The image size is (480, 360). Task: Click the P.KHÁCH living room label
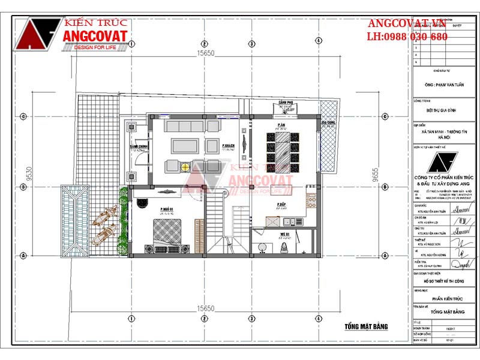click(227, 146)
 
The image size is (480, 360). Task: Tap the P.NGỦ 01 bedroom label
click(166, 209)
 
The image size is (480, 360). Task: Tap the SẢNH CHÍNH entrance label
click(139, 147)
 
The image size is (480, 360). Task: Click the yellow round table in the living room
click(186, 166)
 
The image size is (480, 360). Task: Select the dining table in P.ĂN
click(281, 150)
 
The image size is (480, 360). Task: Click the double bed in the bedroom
click(166, 233)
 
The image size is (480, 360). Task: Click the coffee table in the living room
click(185, 146)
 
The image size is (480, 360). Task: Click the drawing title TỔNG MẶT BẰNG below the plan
click(366, 327)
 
